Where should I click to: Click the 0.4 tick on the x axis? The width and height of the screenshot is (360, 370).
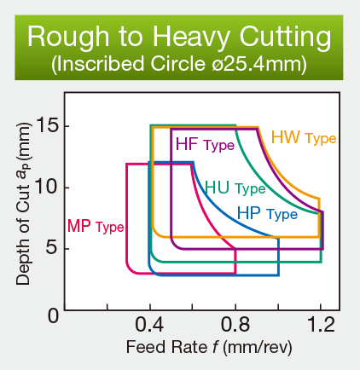click(x=149, y=327)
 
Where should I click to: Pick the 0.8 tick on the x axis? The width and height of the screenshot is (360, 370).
click(x=235, y=327)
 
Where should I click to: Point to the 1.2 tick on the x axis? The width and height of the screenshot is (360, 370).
click(x=321, y=327)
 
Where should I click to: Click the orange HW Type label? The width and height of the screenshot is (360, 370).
click(x=303, y=137)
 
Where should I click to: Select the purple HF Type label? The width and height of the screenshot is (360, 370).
click(x=204, y=144)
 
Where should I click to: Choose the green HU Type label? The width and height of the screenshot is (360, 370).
click(x=235, y=188)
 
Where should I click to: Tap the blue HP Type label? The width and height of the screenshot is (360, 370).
click(x=266, y=213)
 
